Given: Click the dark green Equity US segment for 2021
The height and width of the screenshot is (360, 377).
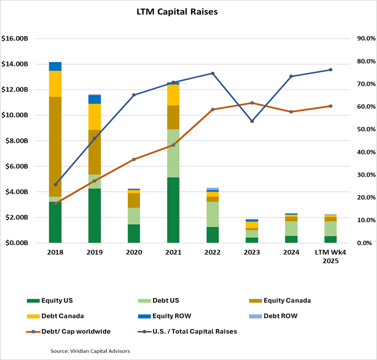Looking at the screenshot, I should tap(173, 209).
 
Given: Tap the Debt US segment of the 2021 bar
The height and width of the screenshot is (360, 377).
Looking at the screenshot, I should tap(173, 153).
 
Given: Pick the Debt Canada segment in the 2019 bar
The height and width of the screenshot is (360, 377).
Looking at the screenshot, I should tap(95, 116).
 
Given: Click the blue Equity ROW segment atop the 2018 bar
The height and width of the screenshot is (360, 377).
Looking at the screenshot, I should tap(55, 66).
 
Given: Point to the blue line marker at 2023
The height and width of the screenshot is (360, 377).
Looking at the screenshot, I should tap(252, 121).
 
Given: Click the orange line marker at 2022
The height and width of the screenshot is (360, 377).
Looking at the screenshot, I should tap(212, 109).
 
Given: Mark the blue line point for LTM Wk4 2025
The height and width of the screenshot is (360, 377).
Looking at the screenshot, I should tap(330, 70).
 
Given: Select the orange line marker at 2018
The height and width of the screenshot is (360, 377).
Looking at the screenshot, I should tap(55, 203).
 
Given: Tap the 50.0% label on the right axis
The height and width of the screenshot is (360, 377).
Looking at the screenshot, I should tap(360, 130).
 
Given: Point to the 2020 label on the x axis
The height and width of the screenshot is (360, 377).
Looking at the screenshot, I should tap(134, 252).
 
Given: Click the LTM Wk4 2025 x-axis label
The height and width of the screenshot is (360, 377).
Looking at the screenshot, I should tap(330, 256).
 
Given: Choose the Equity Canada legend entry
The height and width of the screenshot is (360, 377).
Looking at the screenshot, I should tap(282, 301).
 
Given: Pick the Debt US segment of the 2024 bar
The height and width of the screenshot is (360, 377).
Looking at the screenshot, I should tap(291, 228).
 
